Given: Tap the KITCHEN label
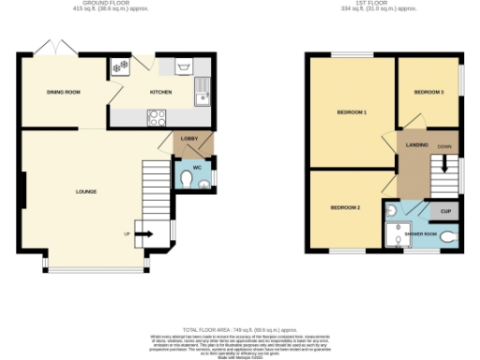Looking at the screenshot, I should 160,92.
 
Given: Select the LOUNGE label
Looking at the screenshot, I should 86,192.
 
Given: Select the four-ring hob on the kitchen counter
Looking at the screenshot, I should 157,117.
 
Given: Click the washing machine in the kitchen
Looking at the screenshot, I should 120,67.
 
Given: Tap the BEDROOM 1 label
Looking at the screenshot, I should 352,112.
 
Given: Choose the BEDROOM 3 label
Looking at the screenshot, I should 428,92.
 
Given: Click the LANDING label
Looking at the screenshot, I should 417,145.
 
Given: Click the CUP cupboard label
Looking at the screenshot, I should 445,212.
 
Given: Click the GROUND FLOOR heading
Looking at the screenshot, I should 106,3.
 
